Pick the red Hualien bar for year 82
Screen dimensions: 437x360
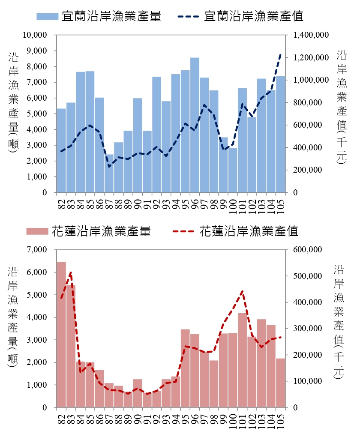pyautogui.click(x=61, y=334)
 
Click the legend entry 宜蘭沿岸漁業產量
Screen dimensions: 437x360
pyautogui.click(x=99, y=17)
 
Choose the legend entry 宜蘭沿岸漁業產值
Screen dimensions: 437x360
pyautogui.click(x=240, y=17)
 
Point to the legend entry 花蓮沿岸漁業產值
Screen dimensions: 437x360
pyautogui.click(x=235, y=231)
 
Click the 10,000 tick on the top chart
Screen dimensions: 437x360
pyautogui.click(x=37, y=35)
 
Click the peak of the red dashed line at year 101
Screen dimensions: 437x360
pyautogui.click(x=242, y=291)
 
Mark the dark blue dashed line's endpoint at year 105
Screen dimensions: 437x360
pyautogui.click(x=281, y=54)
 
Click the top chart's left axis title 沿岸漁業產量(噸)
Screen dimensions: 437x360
pyautogui.click(x=13, y=103)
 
